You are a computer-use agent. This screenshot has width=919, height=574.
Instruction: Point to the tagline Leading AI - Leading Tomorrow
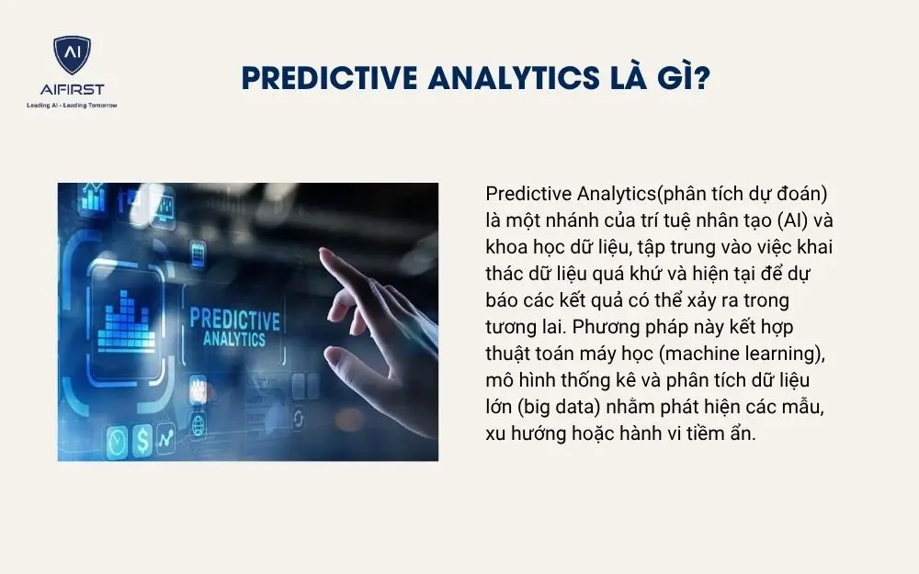pyautogui.click(x=72, y=105)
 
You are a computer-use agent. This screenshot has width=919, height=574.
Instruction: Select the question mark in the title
pyautogui.click(x=699, y=79)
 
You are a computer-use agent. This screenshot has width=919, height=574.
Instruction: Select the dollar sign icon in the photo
pyautogui.click(x=142, y=442)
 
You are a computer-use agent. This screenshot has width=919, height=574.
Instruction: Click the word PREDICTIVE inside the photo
pyautogui.click(x=234, y=321)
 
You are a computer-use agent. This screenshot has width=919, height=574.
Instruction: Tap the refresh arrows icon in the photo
pyautogui.click(x=299, y=419)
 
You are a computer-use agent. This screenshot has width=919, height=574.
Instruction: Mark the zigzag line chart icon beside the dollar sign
pyautogui.click(x=166, y=439)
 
